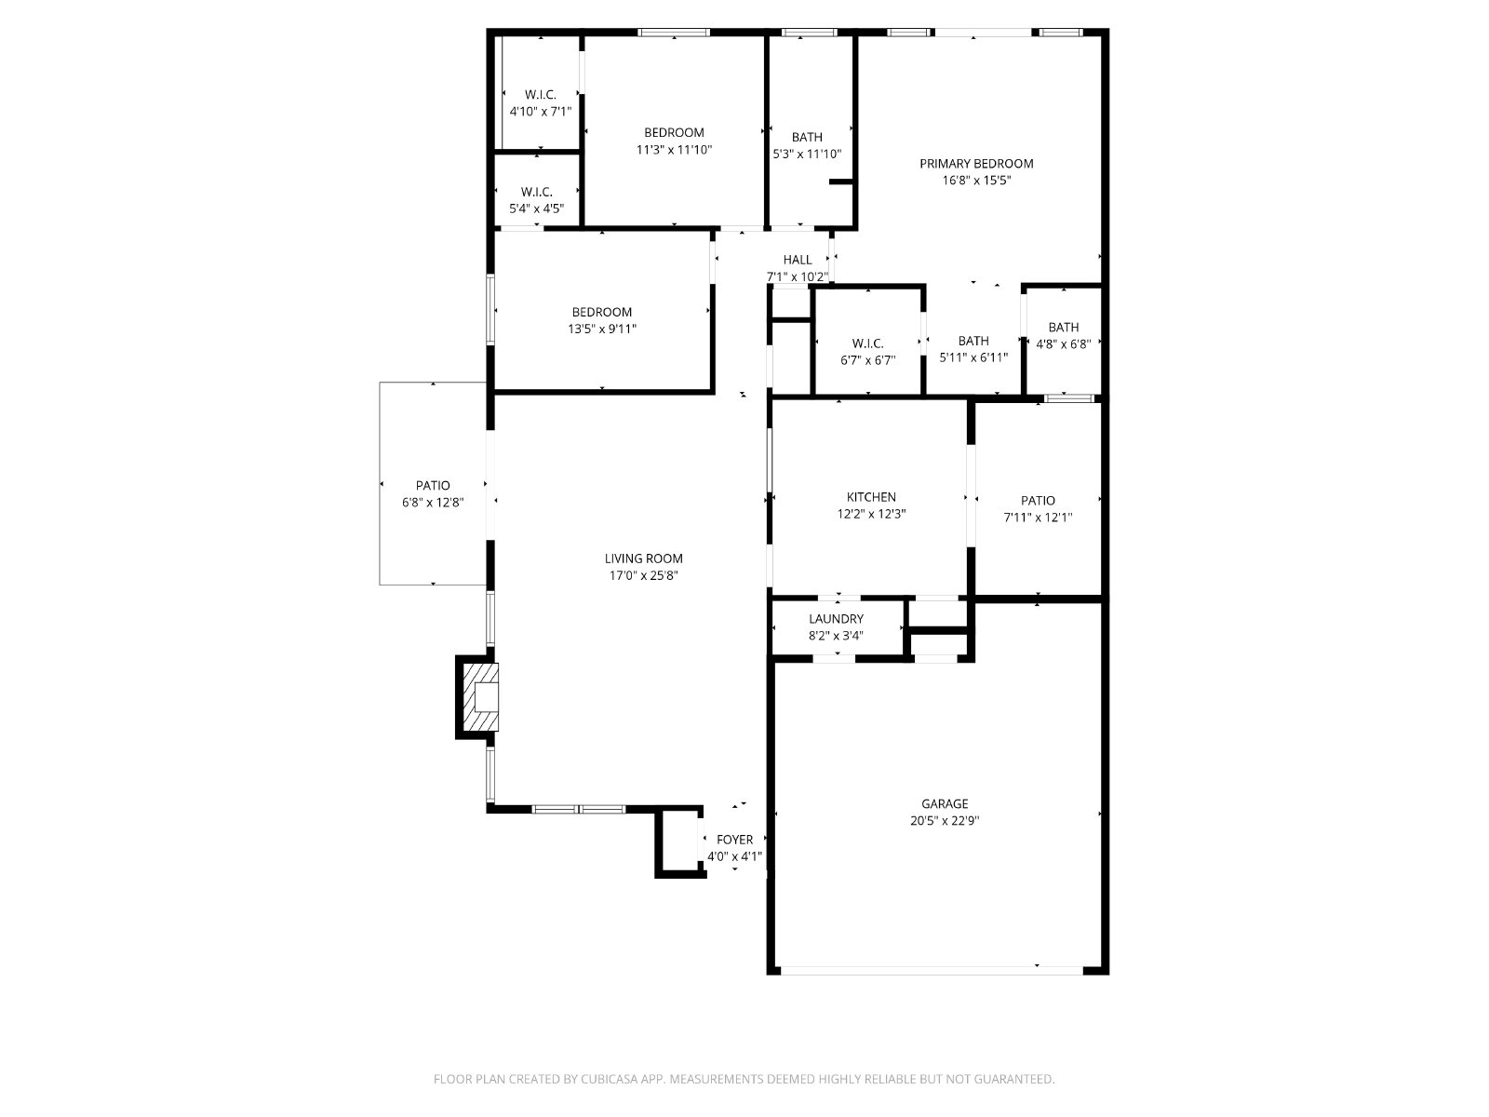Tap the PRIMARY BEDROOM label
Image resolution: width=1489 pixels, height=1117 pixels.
(976, 164)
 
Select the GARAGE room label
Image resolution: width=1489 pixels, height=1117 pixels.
(945, 803)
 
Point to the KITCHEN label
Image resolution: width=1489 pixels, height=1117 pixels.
(871, 497)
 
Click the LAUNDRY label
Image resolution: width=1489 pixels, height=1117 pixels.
(836, 618)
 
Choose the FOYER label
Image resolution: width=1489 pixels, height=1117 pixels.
(734, 840)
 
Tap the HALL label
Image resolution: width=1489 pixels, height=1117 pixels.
(797, 260)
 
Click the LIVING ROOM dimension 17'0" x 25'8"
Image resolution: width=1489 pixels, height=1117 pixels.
(643, 576)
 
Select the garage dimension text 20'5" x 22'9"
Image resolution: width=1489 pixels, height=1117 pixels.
(945, 821)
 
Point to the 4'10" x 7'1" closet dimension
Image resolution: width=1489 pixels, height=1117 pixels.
(541, 112)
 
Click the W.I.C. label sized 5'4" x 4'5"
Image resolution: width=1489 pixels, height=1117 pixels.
(537, 192)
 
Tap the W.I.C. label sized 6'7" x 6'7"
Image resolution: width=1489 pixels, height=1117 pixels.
(867, 343)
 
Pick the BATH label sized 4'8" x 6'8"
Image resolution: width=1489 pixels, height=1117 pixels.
(1063, 327)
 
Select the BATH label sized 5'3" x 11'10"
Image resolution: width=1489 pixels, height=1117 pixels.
(807, 137)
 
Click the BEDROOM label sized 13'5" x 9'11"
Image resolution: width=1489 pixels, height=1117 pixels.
(602, 312)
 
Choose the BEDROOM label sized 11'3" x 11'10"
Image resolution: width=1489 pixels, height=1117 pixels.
(674, 132)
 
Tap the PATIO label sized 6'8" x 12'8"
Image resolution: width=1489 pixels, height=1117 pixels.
(433, 486)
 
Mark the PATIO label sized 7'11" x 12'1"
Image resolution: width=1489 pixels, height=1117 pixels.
(1038, 501)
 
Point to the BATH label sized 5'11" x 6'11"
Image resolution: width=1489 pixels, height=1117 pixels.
(973, 341)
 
